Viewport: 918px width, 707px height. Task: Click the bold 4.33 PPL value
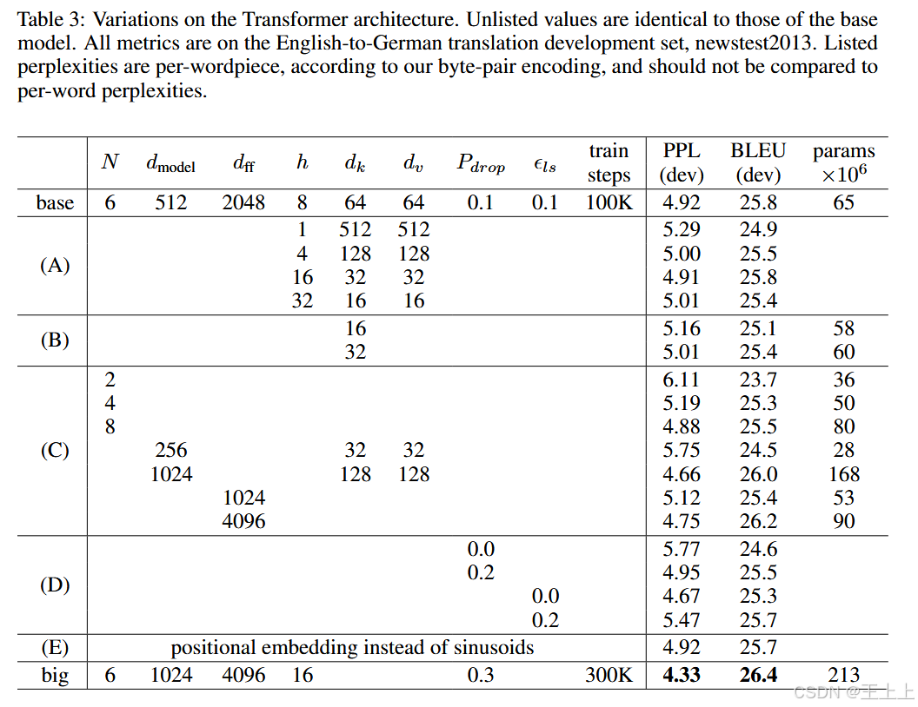point(682,675)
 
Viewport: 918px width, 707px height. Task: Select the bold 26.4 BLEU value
point(758,675)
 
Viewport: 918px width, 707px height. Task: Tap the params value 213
point(843,675)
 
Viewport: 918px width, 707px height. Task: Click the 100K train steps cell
point(609,202)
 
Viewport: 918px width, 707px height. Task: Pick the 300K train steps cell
point(609,675)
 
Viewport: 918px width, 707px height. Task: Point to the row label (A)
point(55,266)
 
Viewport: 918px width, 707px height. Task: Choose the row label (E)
point(55,648)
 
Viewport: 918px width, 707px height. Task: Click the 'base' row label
point(55,202)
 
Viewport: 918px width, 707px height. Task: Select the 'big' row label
point(55,675)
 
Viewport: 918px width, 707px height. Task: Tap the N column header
point(110,162)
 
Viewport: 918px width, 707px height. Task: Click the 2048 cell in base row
point(244,202)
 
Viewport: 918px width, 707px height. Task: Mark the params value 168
point(843,474)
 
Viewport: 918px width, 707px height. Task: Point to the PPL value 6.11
point(682,380)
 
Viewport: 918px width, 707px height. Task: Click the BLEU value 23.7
point(758,380)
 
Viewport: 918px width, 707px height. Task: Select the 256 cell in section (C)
point(171,450)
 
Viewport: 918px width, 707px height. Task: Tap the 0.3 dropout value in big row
point(481,675)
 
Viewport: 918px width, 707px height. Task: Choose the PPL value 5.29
point(682,230)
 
